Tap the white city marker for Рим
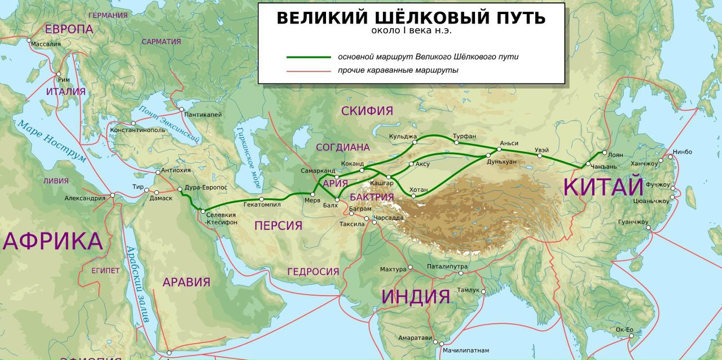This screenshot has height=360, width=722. pyautogui.click(x=58, y=74)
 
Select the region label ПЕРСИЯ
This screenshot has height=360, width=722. pyautogui.click(x=278, y=226)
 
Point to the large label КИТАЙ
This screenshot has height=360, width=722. pyautogui.click(x=604, y=187)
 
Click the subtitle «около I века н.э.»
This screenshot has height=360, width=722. pyautogui.click(x=411, y=30)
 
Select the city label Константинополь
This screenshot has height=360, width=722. pyautogui.click(x=138, y=130)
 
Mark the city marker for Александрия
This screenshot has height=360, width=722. pyautogui.click(x=113, y=195)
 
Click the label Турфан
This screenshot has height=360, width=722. pyautogui.click(x=465, y=136)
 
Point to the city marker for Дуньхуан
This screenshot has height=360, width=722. pyautogui.click(x=488, y=155)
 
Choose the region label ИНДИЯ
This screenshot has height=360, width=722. pyautogui.click(x=415, y=296)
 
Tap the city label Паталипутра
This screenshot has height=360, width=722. pyautogui.click(x=447, y=265)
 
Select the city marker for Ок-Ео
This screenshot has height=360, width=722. pyautogui.click(x=631, y=335)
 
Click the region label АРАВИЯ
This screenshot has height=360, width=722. pyautogui.click(x=186, y=282)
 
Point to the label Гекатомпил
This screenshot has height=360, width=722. pyautogui.click(x=262, y=205)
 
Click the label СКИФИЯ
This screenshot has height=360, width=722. pyautogui.click(x=367, y=111)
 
